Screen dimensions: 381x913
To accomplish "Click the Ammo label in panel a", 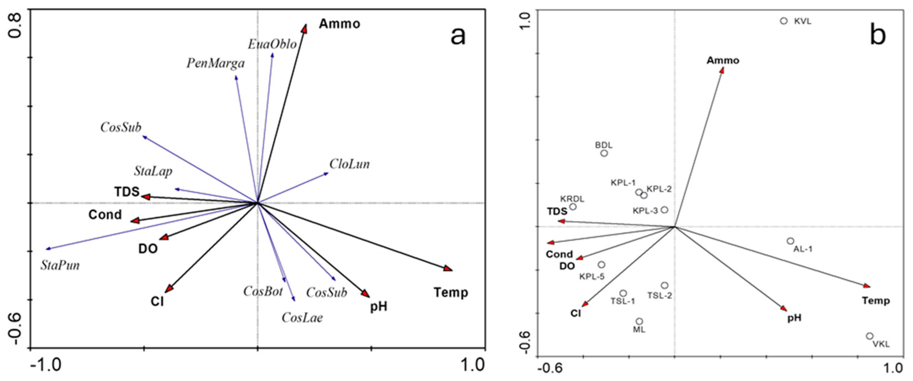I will [x=340, y=24].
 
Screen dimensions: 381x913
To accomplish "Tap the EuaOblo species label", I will [x=272, y=44].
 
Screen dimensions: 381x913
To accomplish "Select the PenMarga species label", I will [x=215, y=63].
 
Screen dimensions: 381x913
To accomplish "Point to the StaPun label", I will [x=60, y=265].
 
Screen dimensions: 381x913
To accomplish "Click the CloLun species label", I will [x=350, y=164].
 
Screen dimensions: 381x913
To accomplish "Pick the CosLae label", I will [x=302, y=318].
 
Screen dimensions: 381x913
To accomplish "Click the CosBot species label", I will [x=263, y=291].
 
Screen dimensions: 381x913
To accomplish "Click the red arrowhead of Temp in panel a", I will [x=448, y=269].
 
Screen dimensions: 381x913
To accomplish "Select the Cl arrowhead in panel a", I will [x=169, y=289].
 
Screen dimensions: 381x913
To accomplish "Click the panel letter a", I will [x=458, y=36].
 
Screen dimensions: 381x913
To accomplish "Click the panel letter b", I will [x=877, y=36].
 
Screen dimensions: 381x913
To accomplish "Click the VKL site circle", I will [x=870, y=336].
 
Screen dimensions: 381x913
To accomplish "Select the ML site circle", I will [x=639, y=322].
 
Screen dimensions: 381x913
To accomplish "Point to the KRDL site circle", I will [x=573, y=207].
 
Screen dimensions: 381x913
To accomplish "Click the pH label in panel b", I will [x=794, y=318].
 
